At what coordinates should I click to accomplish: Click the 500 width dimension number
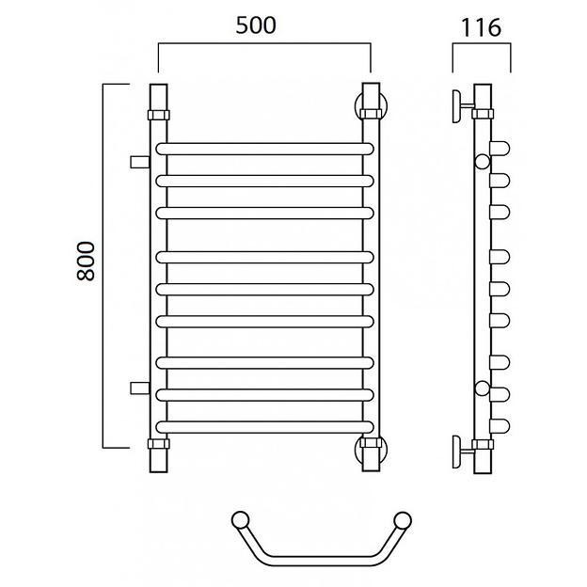pyautogui.click(x=256, y=25)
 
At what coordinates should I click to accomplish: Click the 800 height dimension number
pyautogui.click(x=86, y=261)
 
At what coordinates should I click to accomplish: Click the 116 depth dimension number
pyautogui.click(x=481, y=27)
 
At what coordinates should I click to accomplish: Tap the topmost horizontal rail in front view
pyautogui.click(x=264, y=149)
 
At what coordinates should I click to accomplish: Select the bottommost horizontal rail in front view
pyautogui.click(x=264, y=427)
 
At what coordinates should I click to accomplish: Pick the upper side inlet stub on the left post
pyautogui.click(x=140, y=162)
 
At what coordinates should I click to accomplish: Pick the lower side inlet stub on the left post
pyautogui.click(x=140, y=389)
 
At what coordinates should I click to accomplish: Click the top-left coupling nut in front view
pyautogui.click(x=159, y=115)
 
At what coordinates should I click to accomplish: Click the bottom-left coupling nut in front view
pyautogui.click(x=159, y=444)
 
